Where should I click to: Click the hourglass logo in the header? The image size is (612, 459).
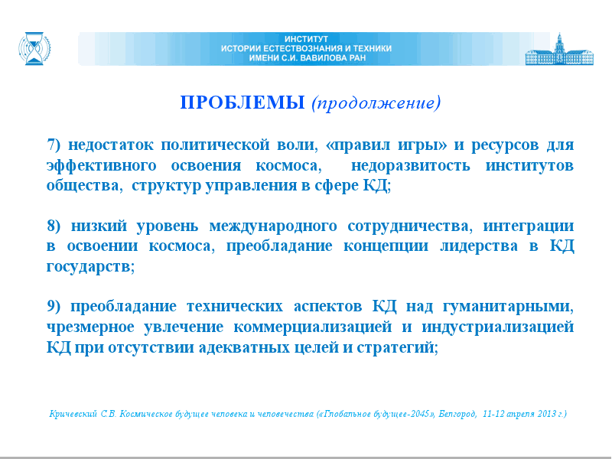[34, 48]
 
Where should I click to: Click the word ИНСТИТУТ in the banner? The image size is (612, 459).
[307, 39]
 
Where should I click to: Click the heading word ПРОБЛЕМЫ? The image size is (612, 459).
[243, 103]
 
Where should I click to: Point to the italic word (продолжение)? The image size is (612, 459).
[376, 103]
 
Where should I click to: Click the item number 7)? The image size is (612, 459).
[54, 145]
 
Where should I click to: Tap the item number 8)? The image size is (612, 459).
[54, 226]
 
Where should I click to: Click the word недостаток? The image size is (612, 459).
[111, 145]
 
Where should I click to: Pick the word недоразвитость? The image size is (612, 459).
[411, 165]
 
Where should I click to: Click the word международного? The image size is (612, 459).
[273, 226]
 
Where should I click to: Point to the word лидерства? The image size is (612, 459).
[479, 246]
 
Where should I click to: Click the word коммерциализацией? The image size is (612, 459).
[313, 327]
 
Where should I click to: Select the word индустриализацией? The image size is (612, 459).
[498, 327]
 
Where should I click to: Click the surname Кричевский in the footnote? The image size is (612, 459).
[73, 414]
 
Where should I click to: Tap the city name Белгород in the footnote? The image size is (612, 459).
[457, 414]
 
